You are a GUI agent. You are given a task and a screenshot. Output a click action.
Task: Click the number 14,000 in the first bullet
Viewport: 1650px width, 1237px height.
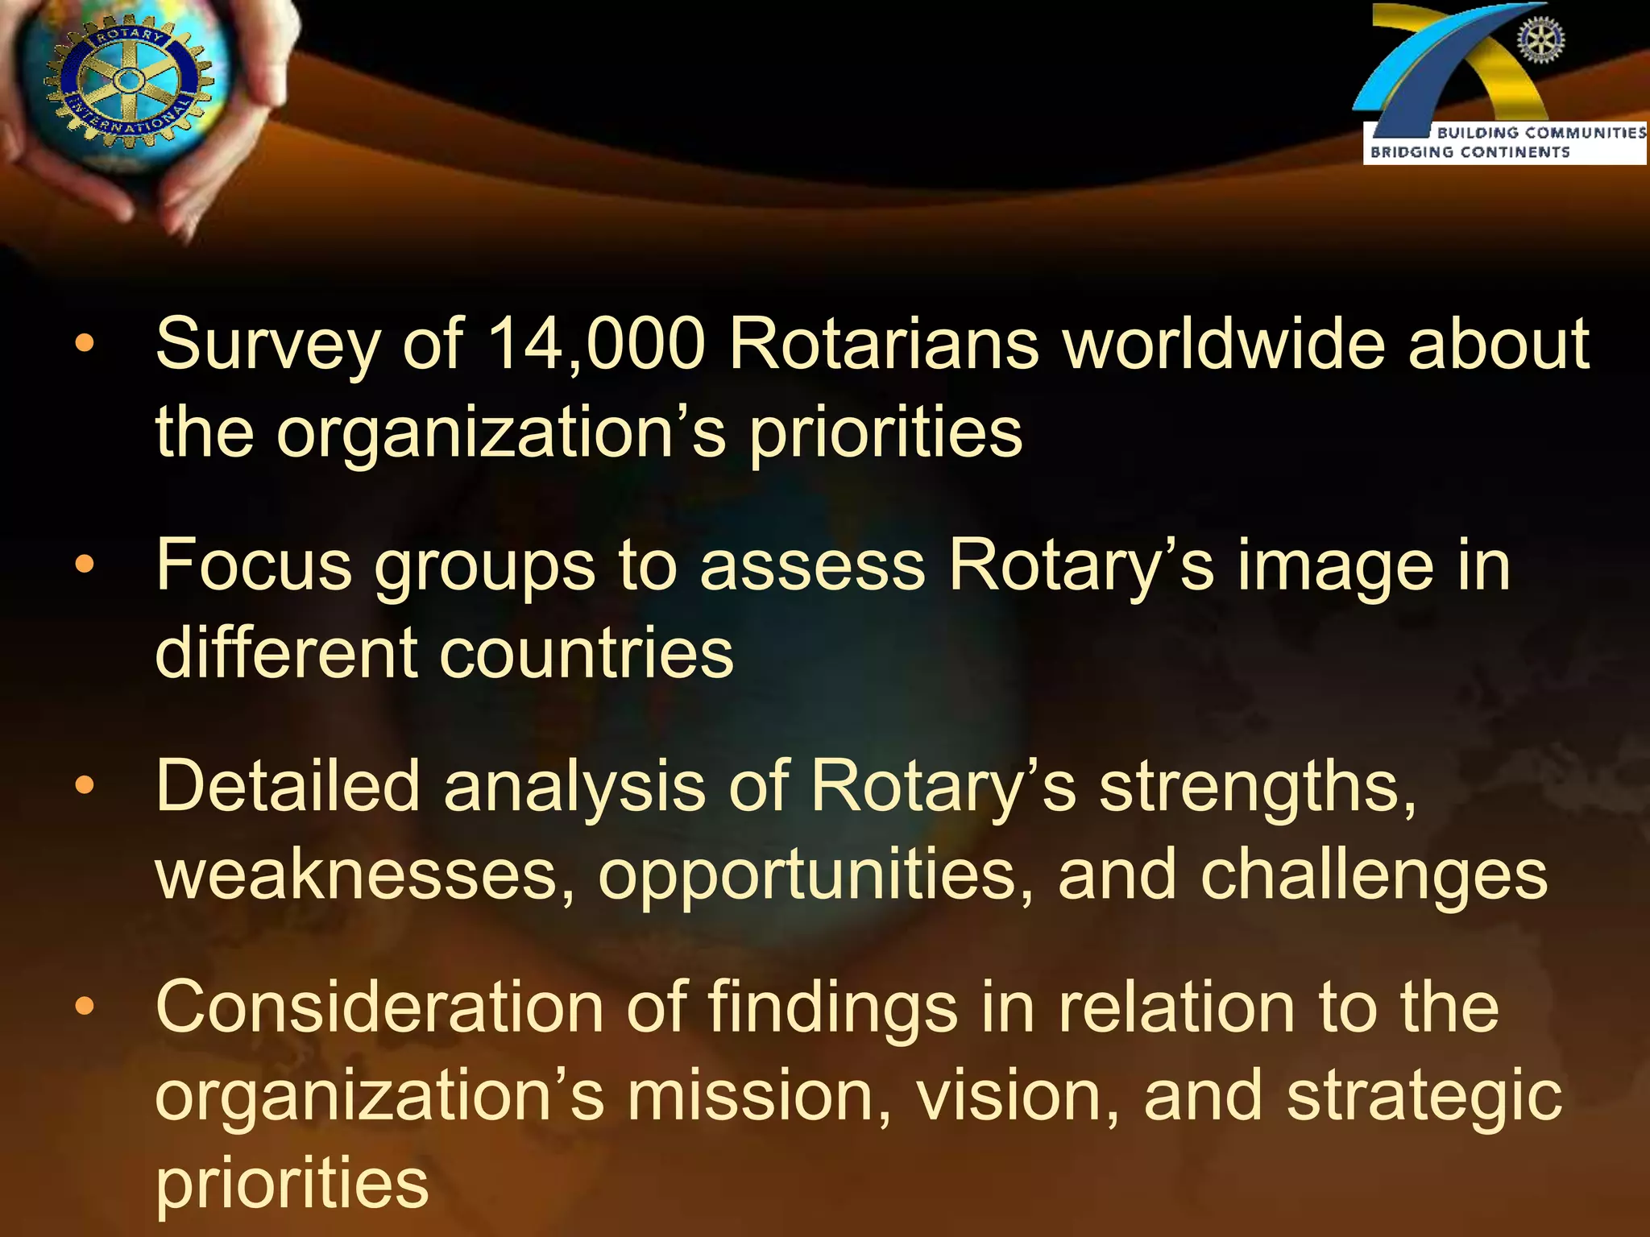click(x=596, y=345)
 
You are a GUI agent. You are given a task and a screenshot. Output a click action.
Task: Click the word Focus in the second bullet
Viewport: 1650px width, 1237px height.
click(x=254, y=565)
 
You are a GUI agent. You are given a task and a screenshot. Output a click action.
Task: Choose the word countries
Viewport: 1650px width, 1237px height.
click(x=587, y=652)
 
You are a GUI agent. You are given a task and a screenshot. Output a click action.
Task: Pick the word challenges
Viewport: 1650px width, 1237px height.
click(x=1374, y=875)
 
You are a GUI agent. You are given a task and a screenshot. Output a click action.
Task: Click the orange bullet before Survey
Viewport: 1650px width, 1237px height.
click(x=85, y=345)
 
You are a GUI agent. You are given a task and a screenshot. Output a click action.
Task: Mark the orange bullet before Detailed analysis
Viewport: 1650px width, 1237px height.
click(x=85, y=786)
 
